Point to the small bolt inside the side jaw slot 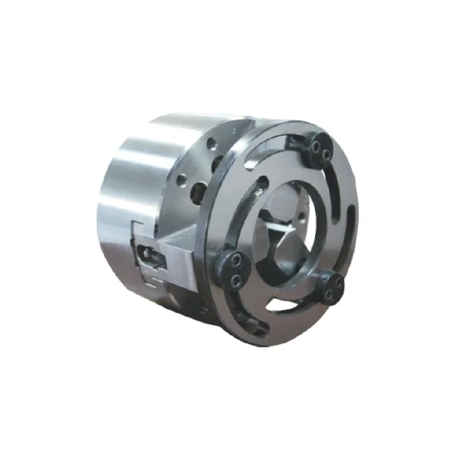click(145, 253)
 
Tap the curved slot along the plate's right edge click(347, 222)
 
